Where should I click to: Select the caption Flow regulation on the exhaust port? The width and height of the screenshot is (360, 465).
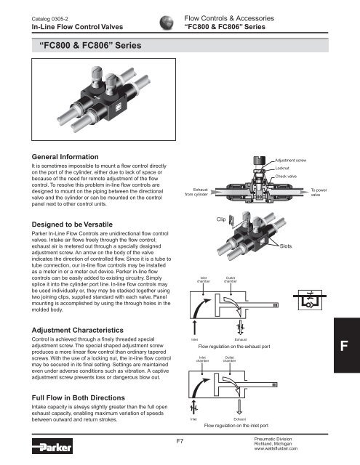point(241,347)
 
